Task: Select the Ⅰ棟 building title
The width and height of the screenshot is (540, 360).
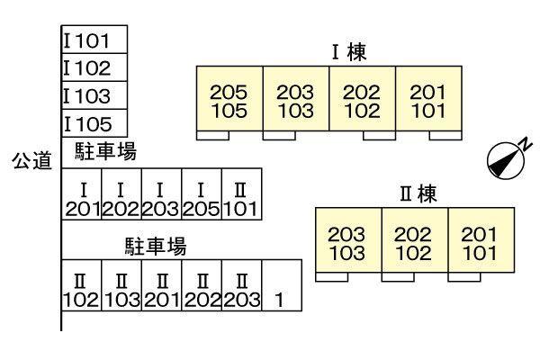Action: [x=349, y=53]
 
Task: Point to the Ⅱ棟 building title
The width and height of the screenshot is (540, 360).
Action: [x=417, y=195]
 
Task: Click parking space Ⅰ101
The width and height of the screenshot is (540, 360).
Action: [x=94, y=40]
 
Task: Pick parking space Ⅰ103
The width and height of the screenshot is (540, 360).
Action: [x=94, y=95]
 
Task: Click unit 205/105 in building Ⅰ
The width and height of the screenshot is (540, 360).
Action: [x=229, y=101]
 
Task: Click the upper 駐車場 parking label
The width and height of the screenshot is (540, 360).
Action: [x=104, y=152]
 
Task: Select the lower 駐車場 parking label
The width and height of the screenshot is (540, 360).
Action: [x=155, y=245]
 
